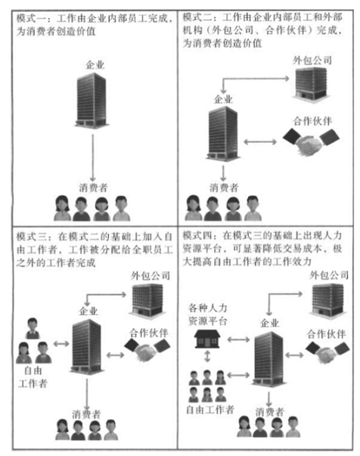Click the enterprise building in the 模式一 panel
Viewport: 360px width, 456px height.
point(92,100)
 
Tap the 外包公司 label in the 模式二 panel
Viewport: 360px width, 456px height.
point(312,60)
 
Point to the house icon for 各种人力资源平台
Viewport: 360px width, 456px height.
point(207,339)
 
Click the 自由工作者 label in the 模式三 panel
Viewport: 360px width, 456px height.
point(33,377)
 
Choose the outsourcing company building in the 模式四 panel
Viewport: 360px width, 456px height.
point(327,299)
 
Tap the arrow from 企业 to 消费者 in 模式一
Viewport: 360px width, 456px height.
point(93,158)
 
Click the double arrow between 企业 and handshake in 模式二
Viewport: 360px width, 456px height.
point(260,142)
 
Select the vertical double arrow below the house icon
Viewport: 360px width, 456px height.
point(207,356)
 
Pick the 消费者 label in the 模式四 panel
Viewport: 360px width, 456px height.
point(269,412)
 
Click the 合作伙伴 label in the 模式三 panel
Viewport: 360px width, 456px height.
point(149,333)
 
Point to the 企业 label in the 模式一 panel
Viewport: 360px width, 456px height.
point(95,64)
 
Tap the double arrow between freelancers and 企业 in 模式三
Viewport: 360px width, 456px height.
point(61,344)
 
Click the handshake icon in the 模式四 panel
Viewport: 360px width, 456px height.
point(327,352)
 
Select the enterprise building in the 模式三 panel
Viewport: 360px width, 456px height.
point(87,346)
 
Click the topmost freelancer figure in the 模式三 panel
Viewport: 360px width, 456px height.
point(33,328)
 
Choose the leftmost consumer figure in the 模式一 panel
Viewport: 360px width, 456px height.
point(62,208)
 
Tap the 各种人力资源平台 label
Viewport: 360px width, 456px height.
point(208,315)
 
